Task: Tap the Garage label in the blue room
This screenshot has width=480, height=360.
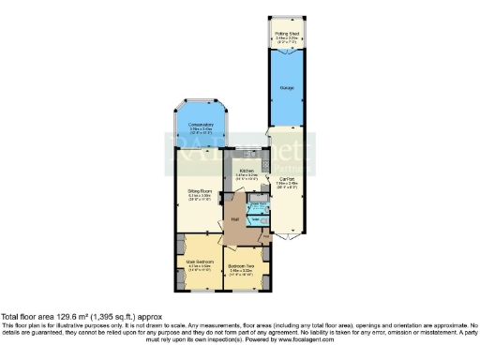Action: [287, 86]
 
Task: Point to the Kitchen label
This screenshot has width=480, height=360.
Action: [247, 171]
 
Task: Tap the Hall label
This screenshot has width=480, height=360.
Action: [236, 220]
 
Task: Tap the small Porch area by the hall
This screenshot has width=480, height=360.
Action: [266, 236]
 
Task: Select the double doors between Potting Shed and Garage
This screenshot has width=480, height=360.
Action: [287, 49]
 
